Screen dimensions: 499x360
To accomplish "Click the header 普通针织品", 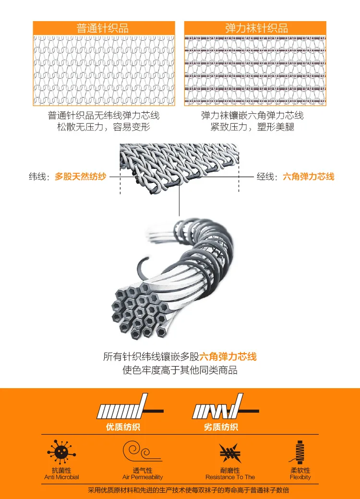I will [x=103, y=28].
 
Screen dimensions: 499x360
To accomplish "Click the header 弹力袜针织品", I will [x=257, y=28].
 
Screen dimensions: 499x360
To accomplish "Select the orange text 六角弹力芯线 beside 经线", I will [x=308, y=177].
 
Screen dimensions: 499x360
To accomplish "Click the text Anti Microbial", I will [x=61, y=477].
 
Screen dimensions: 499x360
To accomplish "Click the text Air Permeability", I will [x=143, y=477].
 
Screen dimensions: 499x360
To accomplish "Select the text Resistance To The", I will [x=230, y=477].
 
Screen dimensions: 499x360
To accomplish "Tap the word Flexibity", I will [x=300, y=477].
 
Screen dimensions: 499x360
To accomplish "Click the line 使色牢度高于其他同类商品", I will [x=180, y=370].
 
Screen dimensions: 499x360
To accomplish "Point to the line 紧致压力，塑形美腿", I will [x=252, y=127].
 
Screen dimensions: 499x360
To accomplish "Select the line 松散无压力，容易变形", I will [x=103, y=127].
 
